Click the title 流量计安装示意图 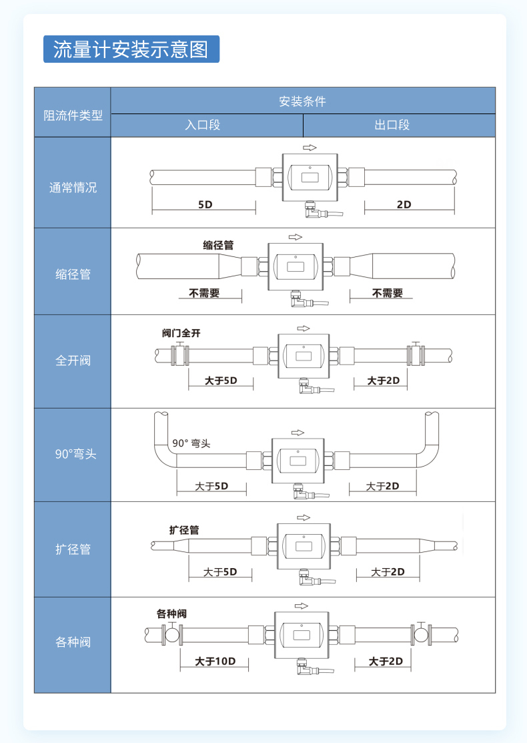(131, 49)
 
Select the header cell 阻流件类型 (73, 115)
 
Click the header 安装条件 (302, 101)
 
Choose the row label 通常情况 (73, 188)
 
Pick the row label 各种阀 (73, 642)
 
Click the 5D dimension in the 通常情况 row (205, 204)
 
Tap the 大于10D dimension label (215, 662)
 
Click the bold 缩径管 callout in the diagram (218, 246)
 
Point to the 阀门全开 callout (181, 333)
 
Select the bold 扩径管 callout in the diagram (184, 530)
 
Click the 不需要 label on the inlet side (204, 293)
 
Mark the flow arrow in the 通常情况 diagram (309, 148)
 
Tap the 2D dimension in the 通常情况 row (404, 204)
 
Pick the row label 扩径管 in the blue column (73, 549)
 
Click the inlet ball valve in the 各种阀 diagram (171, 634)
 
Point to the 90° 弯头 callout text (191, 443)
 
